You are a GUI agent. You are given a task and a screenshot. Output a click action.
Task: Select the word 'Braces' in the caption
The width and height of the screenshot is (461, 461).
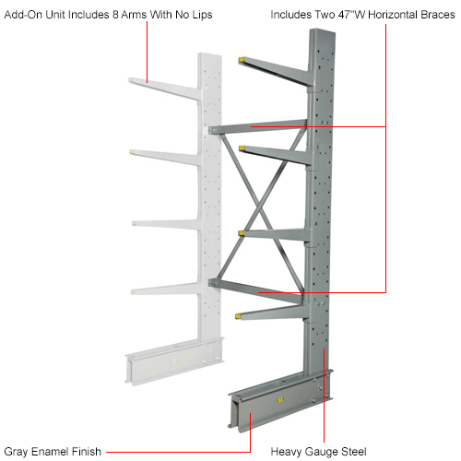point(432,14)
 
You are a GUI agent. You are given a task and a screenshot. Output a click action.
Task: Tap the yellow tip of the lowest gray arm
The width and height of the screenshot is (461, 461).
point(242,315)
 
